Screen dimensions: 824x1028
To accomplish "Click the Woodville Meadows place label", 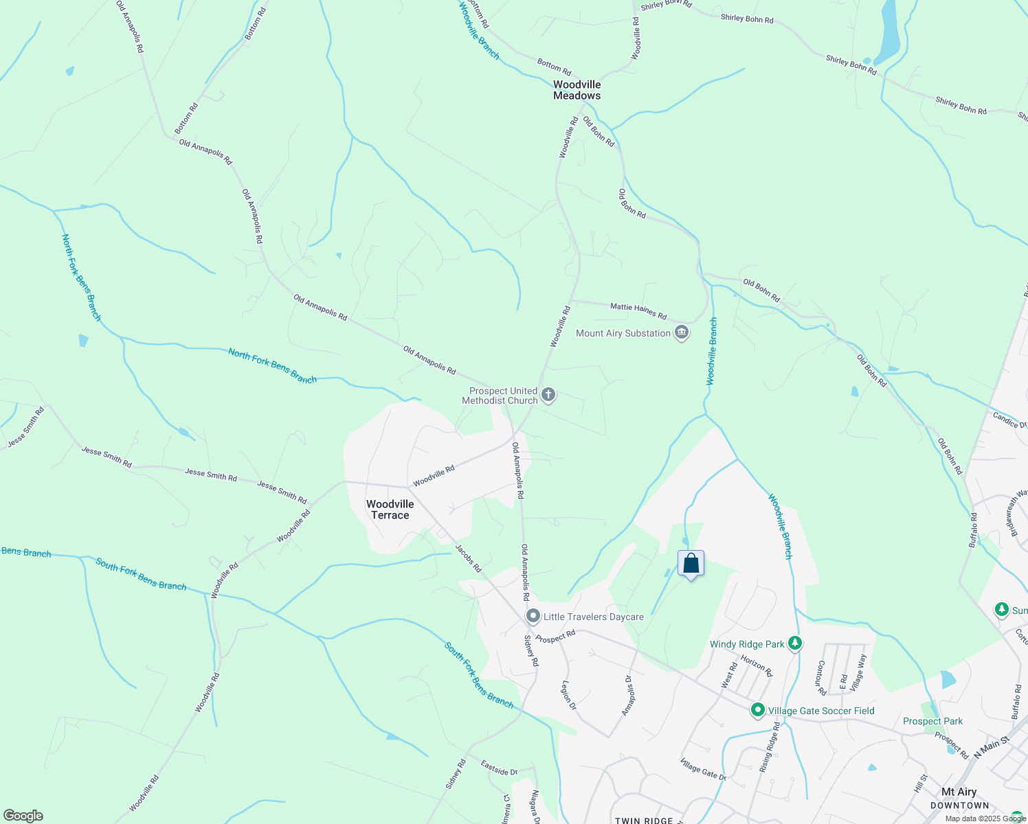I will tap(577, 90).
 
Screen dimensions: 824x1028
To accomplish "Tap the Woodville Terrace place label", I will tap(390, 510).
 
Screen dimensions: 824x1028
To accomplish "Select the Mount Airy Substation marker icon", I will tap(682, 333).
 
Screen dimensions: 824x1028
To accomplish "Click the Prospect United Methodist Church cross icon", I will tap(548, 395).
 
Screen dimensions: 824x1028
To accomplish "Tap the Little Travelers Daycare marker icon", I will tap(533, 616).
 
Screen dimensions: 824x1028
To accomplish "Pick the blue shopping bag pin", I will tap(691, 564).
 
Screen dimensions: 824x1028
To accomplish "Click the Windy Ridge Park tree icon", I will tap(795, 643).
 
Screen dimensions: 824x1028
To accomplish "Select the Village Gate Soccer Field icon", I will tap(757, 710).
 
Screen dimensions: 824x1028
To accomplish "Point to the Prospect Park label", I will tap(932, 721).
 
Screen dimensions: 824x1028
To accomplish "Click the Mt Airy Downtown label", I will tap(959, 798).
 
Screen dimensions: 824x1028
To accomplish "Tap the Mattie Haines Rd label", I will tap(638, 311).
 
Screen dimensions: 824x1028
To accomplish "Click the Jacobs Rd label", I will tap(468, 558).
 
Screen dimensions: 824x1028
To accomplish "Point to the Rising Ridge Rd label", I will tap(770, 747).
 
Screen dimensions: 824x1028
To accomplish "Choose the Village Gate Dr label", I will tap(703, 769).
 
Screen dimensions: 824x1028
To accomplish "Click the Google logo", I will tap(23, 815).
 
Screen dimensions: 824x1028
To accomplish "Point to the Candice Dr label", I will tap(1009, 420).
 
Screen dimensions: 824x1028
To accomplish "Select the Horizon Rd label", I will tap(757, 665).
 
